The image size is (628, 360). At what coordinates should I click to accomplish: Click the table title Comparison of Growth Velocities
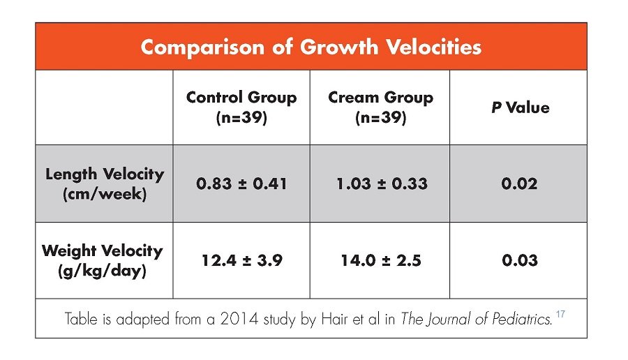pyautogui.click(x=311, y=47)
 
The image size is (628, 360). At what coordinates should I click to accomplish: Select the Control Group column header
pyautogui.click(x=241, y=107)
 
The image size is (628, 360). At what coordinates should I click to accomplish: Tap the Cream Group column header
pyautogui.click(x=380, y=107)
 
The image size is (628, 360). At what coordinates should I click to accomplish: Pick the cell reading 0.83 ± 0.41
pyautogui.click(x=241, y=184)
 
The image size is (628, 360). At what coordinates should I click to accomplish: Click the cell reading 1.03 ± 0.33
pyautogui.click(x=380, y=184)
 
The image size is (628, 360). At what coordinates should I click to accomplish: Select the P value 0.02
pyautogui.click(x=519, y=184)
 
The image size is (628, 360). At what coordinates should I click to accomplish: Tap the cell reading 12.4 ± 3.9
pyautogui.click(x=241, y=260)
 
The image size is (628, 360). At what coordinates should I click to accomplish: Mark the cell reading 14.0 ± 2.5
pyautogui.click(x=380, y=260)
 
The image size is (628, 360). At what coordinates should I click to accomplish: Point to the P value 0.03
pyautogui.click(x=519, y=260)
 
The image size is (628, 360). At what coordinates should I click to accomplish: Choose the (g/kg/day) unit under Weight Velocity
pyautogui.click(x=103, y=270)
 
